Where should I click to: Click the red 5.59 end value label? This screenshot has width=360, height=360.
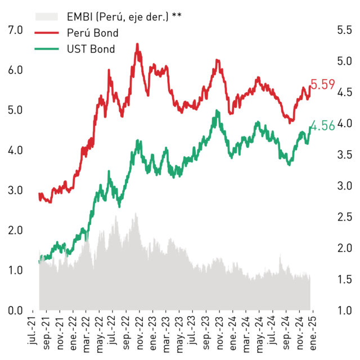pyautogui.click(x=322, y=84)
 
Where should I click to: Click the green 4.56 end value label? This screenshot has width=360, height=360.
pyautogui.click(x=322, y=126)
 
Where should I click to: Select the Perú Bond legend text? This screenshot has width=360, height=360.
pyautogui.click(x=93, y=33)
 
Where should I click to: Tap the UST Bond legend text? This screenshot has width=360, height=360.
pyautogui.click(x=91, y=49)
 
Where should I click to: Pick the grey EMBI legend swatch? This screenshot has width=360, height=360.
pyautogui.click(x=47, y=17)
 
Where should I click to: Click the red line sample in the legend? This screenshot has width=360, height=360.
pyautogui.click(x=47, y=33)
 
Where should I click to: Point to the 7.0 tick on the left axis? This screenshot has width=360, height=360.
pyautogui.click(x=15, y=30)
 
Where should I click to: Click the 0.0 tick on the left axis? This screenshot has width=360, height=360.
pyautogui.click(x=15, y=310)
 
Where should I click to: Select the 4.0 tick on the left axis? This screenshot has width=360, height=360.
pyautogui.click(x=15, y=150)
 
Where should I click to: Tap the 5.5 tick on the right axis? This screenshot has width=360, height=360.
pyautogui.click(x=345, y=30)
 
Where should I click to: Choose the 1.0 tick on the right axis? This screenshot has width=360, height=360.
pyautogui.click(x=345, y=310)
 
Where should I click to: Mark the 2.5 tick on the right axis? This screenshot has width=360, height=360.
pyautogui.click(x=345, y=217)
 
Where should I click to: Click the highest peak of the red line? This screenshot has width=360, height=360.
pyautogui.click(x=137, y=44)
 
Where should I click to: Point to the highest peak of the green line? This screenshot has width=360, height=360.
pyautogui.click(x=217, y=111)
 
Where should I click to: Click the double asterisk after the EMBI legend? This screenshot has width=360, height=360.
pyautogui.click(x=177, y=15)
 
